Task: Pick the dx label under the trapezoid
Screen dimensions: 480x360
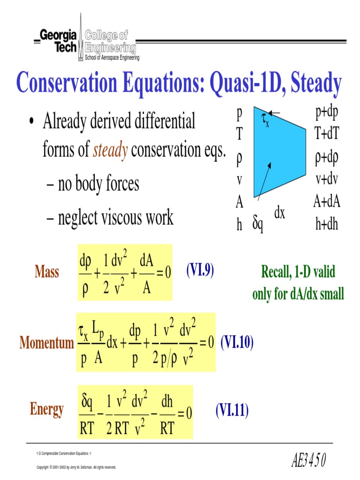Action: pos(280,214)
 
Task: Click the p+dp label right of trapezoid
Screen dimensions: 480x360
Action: pos(328,113)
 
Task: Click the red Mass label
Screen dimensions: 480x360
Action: pos(47,272)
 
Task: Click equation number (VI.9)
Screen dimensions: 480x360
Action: pos(200,270)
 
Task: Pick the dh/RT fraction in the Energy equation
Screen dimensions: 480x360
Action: pos(167,412)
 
